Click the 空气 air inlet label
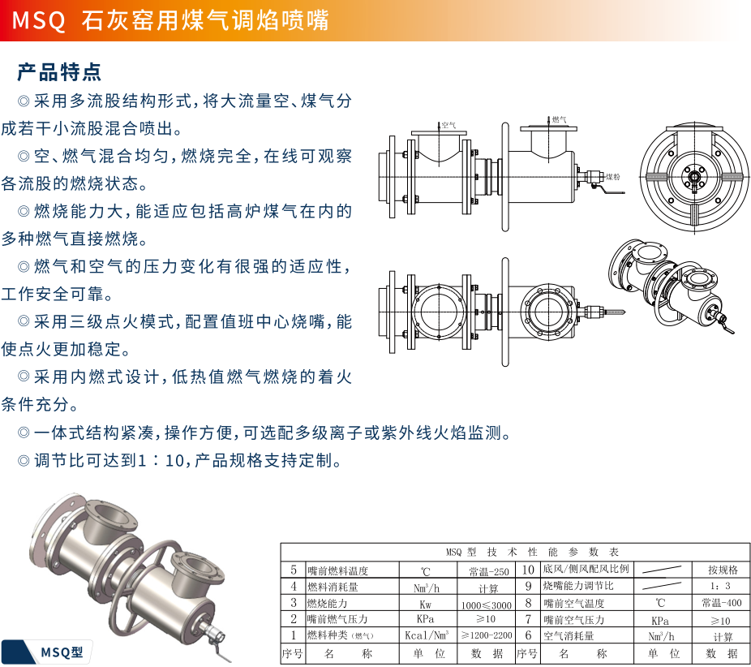pyautogui.click(x=448, y=126)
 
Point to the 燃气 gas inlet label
pyautogui.click(x=560, y=119)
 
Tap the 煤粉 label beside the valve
pyautogui.click(x=613, y=177)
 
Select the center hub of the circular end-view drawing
pyautogui.click(x=694, y=177)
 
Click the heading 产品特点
pyautogui.click(x=59, y=72)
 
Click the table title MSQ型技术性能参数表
pyautogui.click(x=532, y=552)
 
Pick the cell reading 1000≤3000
pyautogui.click(x=486, y=605)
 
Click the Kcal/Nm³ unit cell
pyautogui.click(x=427, y=635)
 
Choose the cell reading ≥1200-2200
pyautogui.click(x=487, y=635)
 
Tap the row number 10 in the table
pyautogui.click(x=528, y=570)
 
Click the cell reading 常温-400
pyautogui.click(x=721, y=603)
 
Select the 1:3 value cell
pyautogui.click(x=720, y=586)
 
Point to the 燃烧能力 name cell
pyautogui.click(x=327, y=603)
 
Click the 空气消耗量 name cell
pyautogui.click(x=569, y=636)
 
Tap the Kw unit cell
pyautogui.click(x=425, y=605)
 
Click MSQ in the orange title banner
pyautogui.click(x=38, y=20)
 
